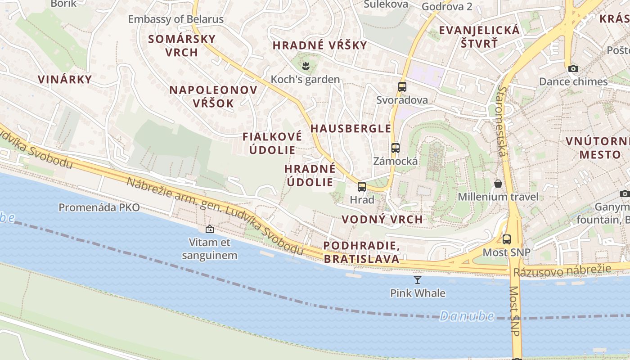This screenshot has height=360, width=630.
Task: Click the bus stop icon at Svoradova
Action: (402, 87)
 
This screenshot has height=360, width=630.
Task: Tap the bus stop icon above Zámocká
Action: (396, 148)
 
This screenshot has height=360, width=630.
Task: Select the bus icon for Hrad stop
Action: (362, 186)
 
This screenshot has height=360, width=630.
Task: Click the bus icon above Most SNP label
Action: (507, 239)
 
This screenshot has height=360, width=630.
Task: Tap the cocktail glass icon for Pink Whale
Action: (418, 280)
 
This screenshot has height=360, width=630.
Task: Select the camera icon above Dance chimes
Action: (573, 68)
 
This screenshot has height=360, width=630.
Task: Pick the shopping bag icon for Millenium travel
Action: (498, 184)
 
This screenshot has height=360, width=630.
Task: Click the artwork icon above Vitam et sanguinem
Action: (210, 229)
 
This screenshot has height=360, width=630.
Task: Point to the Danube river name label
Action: (467, 316)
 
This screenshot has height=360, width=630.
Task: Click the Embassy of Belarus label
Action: (175, 19)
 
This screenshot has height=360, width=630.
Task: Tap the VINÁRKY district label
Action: (65, 80)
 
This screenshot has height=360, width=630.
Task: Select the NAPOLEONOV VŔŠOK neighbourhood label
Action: (213, 96)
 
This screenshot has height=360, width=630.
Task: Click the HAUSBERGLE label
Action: (351, 128)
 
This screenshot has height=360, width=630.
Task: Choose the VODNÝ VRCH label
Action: (382, 219)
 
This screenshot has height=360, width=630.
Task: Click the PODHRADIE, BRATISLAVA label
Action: (361, 252)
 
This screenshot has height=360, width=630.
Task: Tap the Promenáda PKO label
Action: (99, 207)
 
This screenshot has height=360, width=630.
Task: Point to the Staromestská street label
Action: (501, 121)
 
